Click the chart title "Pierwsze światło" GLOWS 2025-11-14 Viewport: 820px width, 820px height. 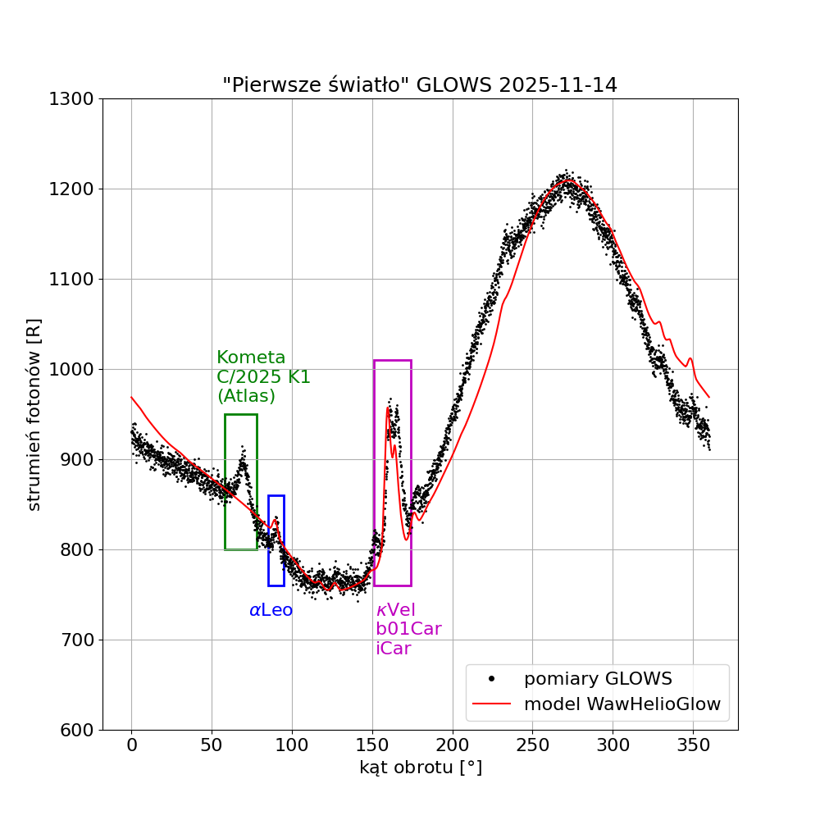click(x=420, y=85)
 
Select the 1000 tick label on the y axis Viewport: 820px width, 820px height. click(x=72, y=369)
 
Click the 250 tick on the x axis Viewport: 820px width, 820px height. click(x=532, y=730)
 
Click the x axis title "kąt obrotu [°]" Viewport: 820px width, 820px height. click(x=420, y=768)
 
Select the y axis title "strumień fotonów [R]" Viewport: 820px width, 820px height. click(x=34, y=414)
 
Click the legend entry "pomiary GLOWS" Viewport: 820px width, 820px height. click(x=598, y=679)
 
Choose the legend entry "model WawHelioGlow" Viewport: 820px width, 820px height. click(x=622, y=704)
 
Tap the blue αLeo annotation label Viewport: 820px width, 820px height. click(x=271, y=610)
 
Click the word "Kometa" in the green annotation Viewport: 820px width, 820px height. click(x=251, y=358)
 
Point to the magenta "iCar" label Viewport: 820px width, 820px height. click(x=393, y=648)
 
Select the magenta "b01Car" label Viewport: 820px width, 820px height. click(x=408, y=629)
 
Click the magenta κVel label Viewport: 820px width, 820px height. click(x=395, y=610)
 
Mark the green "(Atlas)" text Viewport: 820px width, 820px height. click(x=246, y=395)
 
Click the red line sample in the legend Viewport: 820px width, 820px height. click(x=491, y=704)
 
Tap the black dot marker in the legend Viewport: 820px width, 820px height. click(x=491, y=679)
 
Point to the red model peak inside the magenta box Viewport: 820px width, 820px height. click(x=387, y=408)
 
